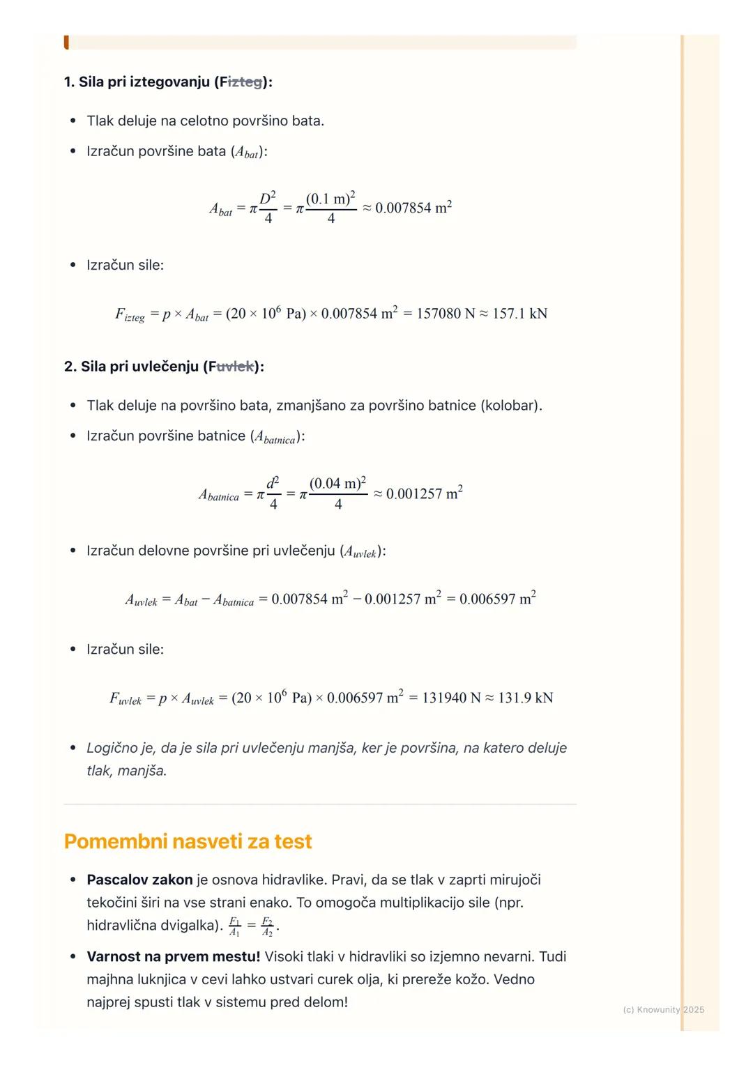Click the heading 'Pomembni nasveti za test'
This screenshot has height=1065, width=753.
tap(188, 841)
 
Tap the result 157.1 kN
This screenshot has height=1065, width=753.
tap(519, 314)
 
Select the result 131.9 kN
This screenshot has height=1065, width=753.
tap(525, 698)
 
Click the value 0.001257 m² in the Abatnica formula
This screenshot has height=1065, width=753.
tap(424, 493)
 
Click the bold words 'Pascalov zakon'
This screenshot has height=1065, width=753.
tap(139, 880)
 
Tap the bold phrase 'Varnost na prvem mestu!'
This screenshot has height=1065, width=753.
tap(173, 956)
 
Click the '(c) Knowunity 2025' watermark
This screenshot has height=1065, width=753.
tap(663, 1009)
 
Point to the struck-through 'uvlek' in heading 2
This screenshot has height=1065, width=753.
tap(234, 367)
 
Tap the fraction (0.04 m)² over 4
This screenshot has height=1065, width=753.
tap(337, 493)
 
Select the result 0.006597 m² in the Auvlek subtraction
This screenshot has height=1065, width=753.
tap(497, 599)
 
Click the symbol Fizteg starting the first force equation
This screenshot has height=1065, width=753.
tap(130, 314)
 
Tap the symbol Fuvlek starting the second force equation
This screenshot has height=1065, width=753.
tap(125, 698)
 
